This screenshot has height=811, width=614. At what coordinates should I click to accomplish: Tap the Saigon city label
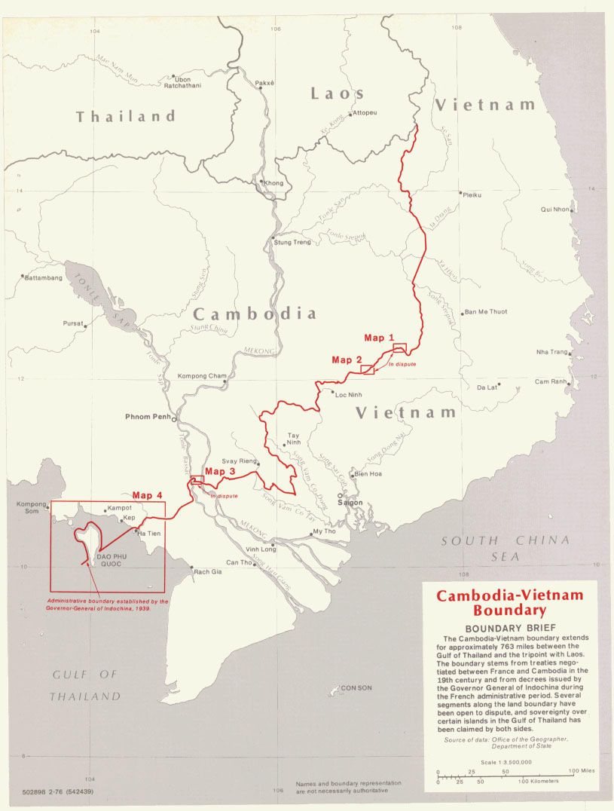(x=350, y=502)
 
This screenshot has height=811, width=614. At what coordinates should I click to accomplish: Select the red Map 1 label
(x=379, y=337)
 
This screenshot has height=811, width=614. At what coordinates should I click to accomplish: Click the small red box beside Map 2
(x=368, y=369)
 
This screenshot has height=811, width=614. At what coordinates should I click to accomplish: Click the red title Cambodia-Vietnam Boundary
(x=509, y=603)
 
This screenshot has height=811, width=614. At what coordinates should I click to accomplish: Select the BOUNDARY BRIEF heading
(x=509, y=629)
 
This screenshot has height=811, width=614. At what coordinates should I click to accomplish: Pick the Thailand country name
(x=125, y=116)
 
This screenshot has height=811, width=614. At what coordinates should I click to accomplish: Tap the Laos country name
(x=337, y=93)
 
